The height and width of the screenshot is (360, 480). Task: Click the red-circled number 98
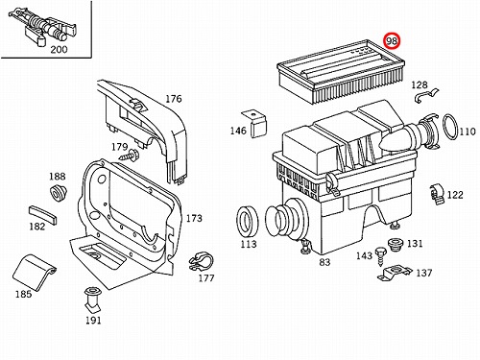pos(392,41)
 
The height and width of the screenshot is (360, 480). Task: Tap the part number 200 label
pos(59,50)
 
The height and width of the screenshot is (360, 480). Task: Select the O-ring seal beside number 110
pos(451,127)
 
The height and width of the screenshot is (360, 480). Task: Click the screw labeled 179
pos(130,156)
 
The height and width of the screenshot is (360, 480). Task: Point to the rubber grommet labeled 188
pos(58,193)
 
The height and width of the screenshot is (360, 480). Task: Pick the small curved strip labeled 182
pos(43,215)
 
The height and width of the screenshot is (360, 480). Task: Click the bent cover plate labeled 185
pos(35,273)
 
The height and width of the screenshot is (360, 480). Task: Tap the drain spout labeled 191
pos(92,300)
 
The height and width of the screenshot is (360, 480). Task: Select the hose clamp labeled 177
pos(201,261)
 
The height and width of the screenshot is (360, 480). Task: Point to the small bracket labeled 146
pos(254,124)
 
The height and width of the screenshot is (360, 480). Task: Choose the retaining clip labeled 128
pos(426,95)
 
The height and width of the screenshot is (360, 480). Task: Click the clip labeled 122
pos(437,194)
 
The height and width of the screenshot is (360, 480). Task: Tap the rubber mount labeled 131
pos(396,245)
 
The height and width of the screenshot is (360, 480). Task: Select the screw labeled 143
pos(380,256)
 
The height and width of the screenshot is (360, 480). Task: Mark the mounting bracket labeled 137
pos(395,274)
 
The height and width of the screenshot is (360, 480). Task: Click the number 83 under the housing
pos(324,262)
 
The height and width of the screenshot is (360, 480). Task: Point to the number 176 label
pos(174,99)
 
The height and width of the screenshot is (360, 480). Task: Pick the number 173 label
pos(194,218)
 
